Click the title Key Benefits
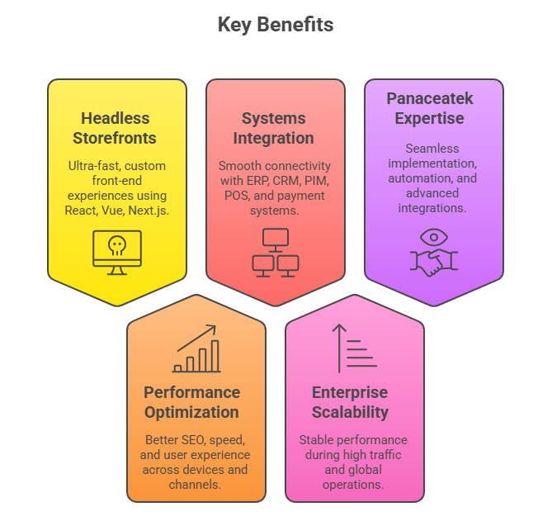click(276, 25)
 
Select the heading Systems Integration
click(273, 128)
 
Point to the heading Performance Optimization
click(191, 402)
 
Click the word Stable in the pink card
click(317, 440)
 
